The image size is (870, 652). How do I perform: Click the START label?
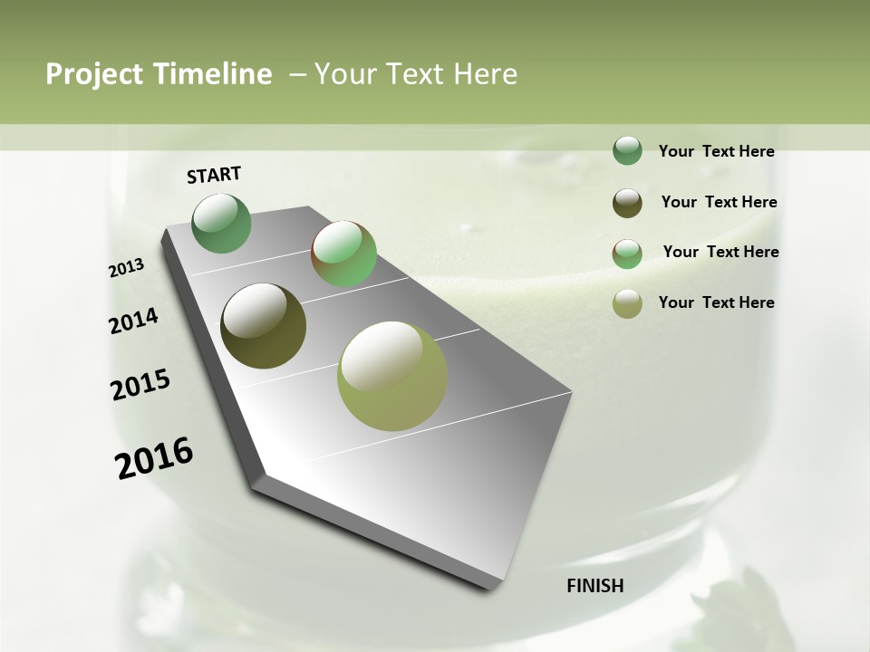[x=214, y=175]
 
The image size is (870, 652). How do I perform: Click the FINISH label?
[x=594, y=586]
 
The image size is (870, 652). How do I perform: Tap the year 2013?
[x=127, y=268]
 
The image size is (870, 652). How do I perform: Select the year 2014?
[x=133, y=321]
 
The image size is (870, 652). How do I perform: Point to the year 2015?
[x=140, y=385]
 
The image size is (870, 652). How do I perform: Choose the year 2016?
[x=154, y=458]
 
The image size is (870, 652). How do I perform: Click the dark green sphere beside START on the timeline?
[x=222, y=223]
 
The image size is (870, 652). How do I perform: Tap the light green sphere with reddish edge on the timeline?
[x=343, y=254]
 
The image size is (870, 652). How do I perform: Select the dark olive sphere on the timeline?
[x=263, y=326]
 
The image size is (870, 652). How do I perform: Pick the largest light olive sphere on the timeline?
[x=392, y=376]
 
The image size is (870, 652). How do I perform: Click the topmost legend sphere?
[x=627, y=150]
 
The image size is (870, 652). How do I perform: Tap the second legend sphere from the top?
[x=627, y=202]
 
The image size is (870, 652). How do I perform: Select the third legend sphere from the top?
[x=627, y=253]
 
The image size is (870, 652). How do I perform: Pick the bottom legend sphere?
[x=627, y=303]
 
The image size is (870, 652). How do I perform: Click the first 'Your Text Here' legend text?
[x=716, y=151]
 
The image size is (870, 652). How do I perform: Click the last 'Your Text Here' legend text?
[x=716, y=302]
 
